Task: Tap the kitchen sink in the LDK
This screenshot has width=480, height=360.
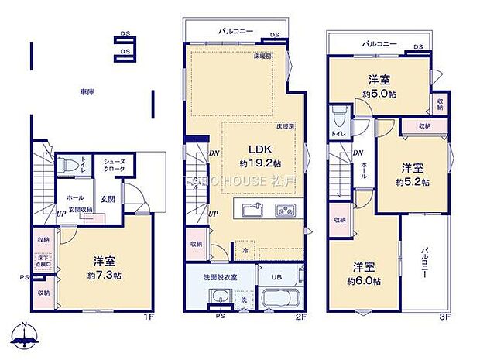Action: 252,210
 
